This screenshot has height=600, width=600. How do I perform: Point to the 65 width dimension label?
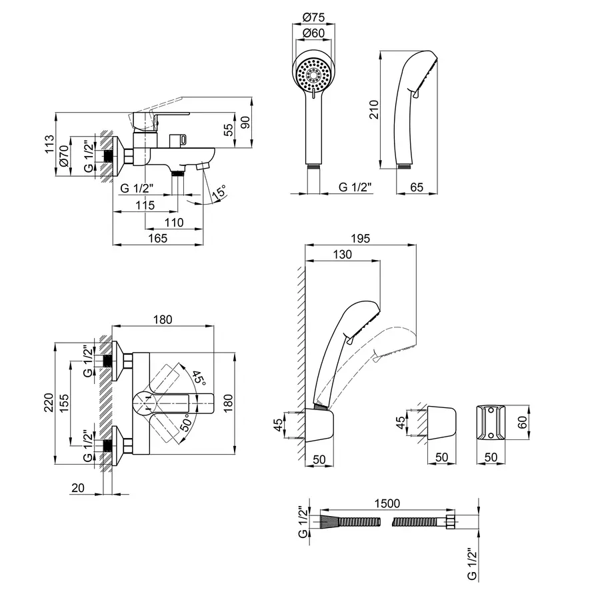click(417, 187)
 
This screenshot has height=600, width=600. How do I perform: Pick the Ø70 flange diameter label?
click(65, 155)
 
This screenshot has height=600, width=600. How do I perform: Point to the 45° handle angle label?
click(199, 379)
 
